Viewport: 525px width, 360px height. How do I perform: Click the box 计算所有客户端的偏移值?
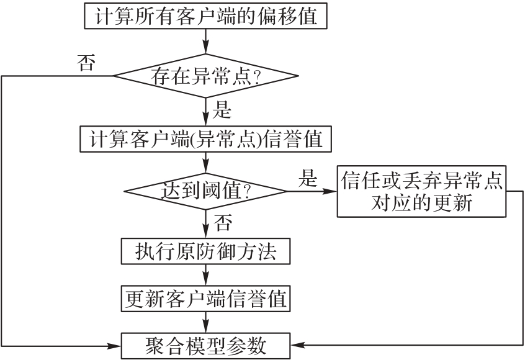pyautogui.click(x=205, y=16)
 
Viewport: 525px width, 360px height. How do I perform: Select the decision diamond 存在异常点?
pyautogui.click(x=205, y=76)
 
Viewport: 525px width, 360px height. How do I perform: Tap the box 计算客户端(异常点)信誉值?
pyautogui.click(x=205, y=139)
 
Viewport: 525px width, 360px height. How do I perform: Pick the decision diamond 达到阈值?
pyautogui.click(x=205, y=191)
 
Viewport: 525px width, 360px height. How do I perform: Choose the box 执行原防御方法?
pyautogui.click(x=205, y=251)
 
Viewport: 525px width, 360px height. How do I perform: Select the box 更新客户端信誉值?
pyautogui.click(x=205, y=299)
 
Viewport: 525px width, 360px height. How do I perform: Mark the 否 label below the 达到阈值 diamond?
pyautogui.click(x=222, y=221)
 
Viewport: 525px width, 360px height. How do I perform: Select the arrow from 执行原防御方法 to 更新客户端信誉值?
pyautogui.click(x=205, y=276)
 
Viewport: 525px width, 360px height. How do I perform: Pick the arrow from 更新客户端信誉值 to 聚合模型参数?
pyautogui.click(x=205, y=322)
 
